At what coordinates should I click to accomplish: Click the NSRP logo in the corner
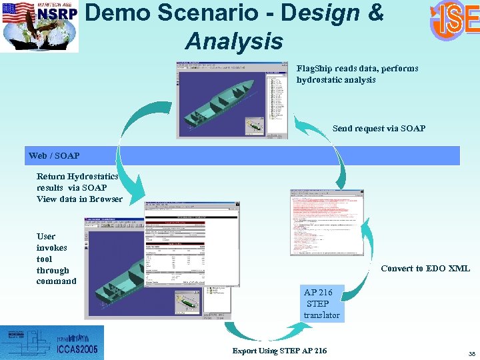(x=39, y=26)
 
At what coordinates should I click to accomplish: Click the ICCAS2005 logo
(x=52, y=343)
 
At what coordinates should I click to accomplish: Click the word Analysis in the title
(x=234, y=41)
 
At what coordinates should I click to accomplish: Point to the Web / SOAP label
(x=54, y=155)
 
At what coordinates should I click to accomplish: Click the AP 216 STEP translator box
(x=321, y=303)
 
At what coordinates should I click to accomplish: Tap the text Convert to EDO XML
(x=425, y=268)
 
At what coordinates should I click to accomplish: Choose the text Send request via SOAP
(x=378, y=128)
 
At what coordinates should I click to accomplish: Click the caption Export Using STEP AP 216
(x=279, y=351)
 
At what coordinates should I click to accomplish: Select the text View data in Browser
(x=79, y=199)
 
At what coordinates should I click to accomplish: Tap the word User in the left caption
(x=46, y=236)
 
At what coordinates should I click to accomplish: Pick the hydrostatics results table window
(x=192, y=253)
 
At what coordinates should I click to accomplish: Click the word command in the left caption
(x=56, y=281)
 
